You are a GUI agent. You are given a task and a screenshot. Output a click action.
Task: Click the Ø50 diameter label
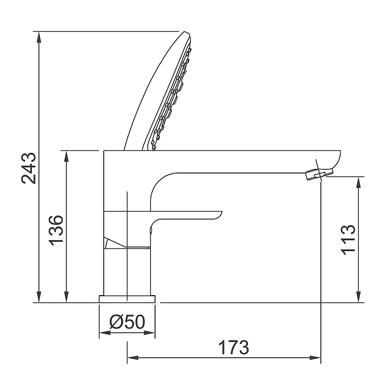point(127,322)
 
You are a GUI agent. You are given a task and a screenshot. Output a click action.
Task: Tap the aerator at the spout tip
point(315,175)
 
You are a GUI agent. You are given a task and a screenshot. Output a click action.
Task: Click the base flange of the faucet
point(127,299)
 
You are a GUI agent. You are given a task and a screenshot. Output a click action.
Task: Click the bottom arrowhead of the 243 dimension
point(40,298)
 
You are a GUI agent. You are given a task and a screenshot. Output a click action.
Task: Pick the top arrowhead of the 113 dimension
point(358,182)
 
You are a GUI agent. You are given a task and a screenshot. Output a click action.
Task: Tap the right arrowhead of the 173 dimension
point(316,357)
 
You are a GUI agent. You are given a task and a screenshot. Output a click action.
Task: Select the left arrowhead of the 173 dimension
point(132,357)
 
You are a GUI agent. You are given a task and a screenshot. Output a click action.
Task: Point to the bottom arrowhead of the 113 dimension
point(358,298)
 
